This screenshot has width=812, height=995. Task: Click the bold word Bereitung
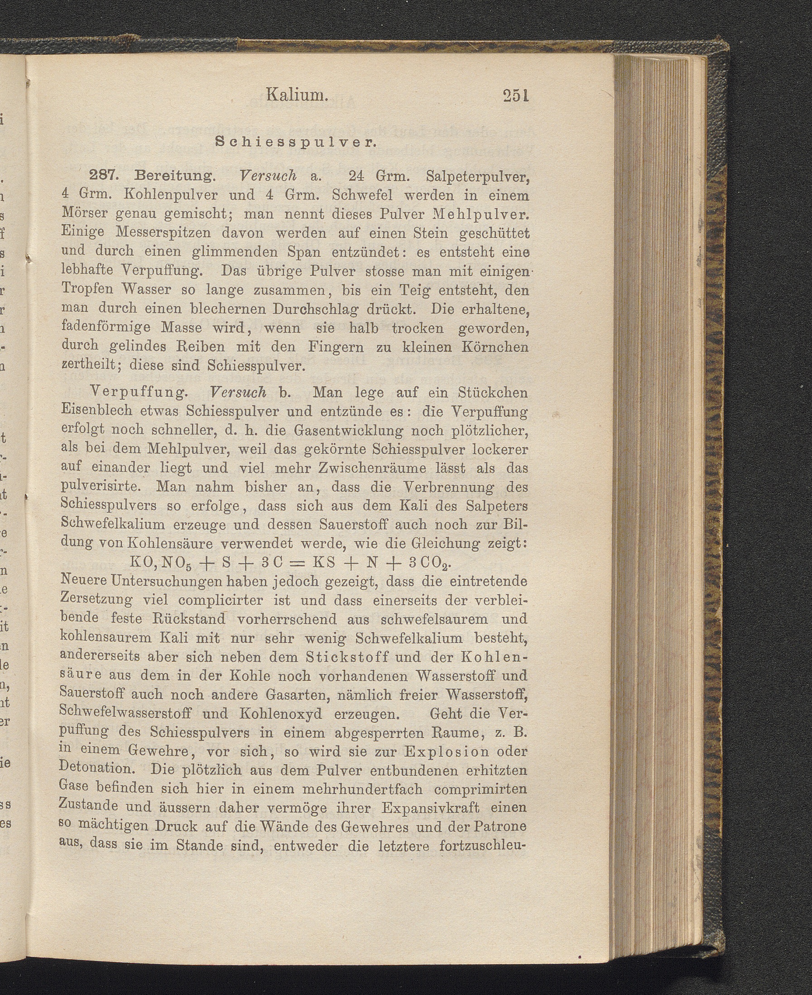point(174,176)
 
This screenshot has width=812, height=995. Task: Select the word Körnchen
point(495,347)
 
